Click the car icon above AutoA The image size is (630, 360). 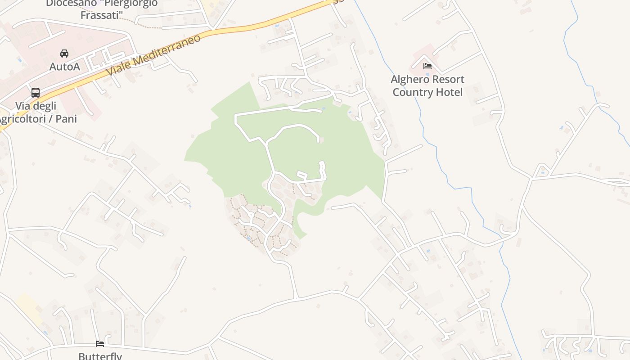point(64,54)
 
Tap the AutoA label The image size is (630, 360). point(64,67)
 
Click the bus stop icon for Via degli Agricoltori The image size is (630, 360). point(36,93)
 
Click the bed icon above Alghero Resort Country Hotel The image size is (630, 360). point(427,66)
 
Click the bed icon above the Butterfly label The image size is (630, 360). point(100,344)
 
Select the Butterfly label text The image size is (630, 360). point(100,356)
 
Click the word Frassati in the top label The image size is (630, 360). point(102,15)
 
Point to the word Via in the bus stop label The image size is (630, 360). point(22,106)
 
